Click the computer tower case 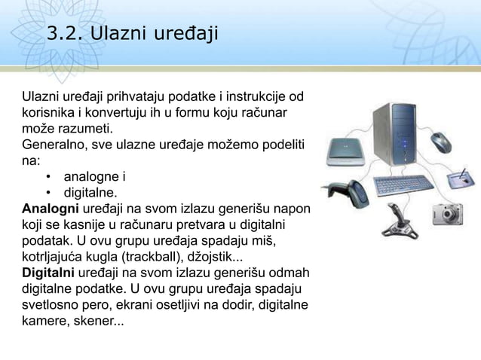pyautogui.click(x=395, y=135)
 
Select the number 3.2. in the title pyautogui.click(x=65, y=33)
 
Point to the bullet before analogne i pyautogui.click(x=47, y=178)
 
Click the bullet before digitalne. pyautogui.click(x=47, y=192)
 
